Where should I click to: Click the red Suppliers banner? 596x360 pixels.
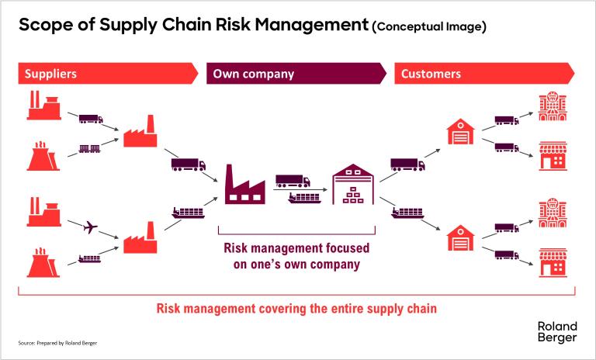click(x=108, y=74)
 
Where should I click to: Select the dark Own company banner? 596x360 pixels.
click(x=296, y=74)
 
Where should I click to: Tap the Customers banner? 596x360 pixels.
click(x=484, y=74)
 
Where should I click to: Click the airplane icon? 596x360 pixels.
click(x=90, y=227)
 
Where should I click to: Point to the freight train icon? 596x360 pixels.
click(x=90, y=149)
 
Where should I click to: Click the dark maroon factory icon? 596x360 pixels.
click(x=244, y=185)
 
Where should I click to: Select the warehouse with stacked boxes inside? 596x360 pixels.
click(x=353, y=184)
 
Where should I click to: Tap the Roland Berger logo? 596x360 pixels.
click(x=557, y=332)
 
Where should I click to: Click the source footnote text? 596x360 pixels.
click(x=57, y=343)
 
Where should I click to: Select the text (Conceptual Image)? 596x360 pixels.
click(x=429, y=26)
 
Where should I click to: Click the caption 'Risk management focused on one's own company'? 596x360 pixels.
click(x=296, y=256)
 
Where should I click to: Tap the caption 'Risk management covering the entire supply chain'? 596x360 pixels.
click(x=296, y=308)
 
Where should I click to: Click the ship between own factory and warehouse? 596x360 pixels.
click(x=304, y=198)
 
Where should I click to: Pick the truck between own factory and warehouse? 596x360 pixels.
click(x=293, y=181)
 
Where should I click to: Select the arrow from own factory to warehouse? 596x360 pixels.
click(x=300, y=189)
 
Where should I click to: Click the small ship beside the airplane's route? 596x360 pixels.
click(x=89, y=259)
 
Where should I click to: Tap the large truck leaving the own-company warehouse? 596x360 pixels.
click(x=408, y=164)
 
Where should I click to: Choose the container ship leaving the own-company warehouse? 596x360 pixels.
click(x=407, y=213)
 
